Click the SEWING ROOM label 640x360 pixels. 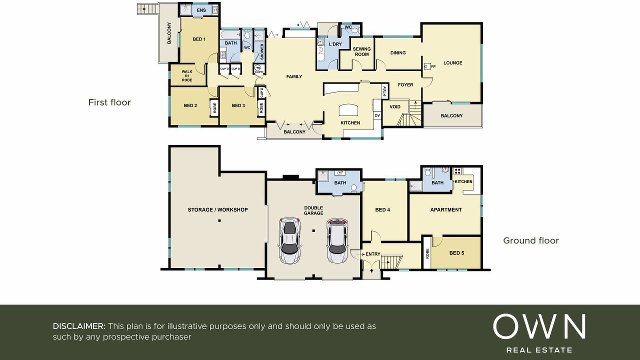click(x=362, y=52)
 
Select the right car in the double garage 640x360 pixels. click(x=338, y=240)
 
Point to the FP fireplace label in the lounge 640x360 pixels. click(x=433, y=66)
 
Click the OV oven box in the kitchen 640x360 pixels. click(x=377, y=115)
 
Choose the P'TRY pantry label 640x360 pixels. click(x=385, y=91)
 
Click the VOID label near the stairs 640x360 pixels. click(x=395, y=107)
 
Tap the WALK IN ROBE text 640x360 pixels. click(x=187, y=76)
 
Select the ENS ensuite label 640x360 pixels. click(x=201, y=10)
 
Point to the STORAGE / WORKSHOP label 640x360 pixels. click(x=218, y=210)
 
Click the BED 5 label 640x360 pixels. click(x=457, y=253)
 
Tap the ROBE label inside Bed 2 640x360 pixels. click(x=215, y=108)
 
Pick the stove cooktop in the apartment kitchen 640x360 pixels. click(x=457, y=172)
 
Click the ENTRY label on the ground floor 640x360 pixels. click(x=373, y=254)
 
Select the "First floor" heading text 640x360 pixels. click(x=109, y=102)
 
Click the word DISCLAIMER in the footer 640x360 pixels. click(x=79, y=326)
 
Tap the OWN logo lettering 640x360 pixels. click(x=539, y=326)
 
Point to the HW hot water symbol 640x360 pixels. click(x=257, y=68)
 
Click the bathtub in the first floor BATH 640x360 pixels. click(x=230, y=35)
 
